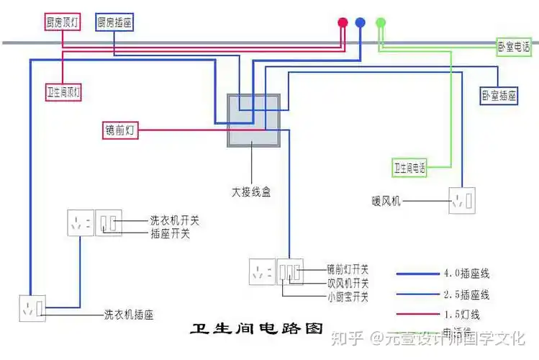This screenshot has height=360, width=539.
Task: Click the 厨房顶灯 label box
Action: [62, 23]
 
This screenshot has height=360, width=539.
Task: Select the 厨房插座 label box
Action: [114, 23]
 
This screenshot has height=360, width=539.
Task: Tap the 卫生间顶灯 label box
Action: [64, 92]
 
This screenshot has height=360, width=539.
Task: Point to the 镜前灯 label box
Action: [119, 130]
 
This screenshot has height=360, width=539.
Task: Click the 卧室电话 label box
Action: [516, 48]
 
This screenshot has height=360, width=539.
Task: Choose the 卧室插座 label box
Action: [499, 95]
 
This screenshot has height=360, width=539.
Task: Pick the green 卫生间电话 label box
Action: [409, 168]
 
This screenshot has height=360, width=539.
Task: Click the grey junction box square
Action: [253, 120]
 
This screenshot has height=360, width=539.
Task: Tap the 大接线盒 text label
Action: [250, 193]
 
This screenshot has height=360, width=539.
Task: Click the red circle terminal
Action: [343, 22]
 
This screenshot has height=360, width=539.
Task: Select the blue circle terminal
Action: [361, 22]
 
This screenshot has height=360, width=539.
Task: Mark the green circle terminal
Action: [381, 22]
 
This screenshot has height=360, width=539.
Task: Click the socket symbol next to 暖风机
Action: [461, 201]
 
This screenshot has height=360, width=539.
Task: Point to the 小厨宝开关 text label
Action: [348, 297]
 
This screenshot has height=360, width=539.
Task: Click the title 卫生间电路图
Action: [255, 330]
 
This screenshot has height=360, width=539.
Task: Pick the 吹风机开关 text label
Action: [348, 283]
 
